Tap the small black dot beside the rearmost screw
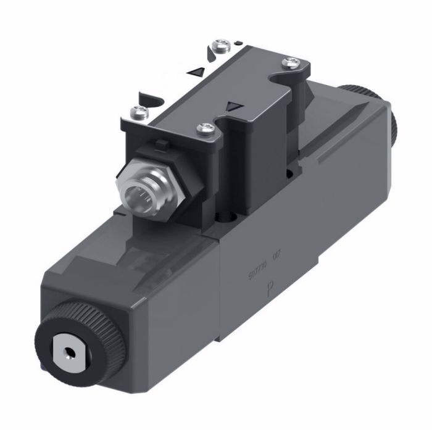tap(237, 43)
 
